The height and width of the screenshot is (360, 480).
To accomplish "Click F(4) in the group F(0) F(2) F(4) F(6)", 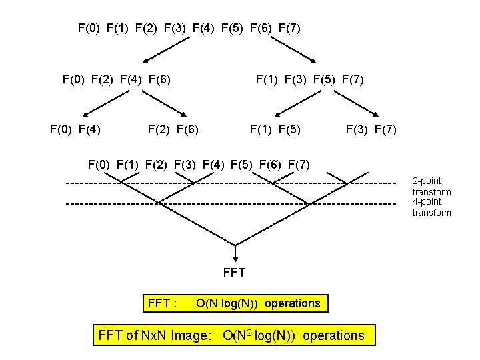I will pos(131,80).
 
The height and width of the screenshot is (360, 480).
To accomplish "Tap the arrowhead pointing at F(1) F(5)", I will pos(277,114).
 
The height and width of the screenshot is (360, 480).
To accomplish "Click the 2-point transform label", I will pos(431,186).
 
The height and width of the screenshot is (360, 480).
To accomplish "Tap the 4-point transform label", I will pos(431,207).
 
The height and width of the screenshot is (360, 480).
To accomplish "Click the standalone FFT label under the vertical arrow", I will pos(235,272).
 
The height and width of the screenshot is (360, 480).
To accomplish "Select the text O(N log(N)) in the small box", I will pos(258,303).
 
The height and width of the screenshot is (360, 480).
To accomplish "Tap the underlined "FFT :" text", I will pos(162,304).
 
